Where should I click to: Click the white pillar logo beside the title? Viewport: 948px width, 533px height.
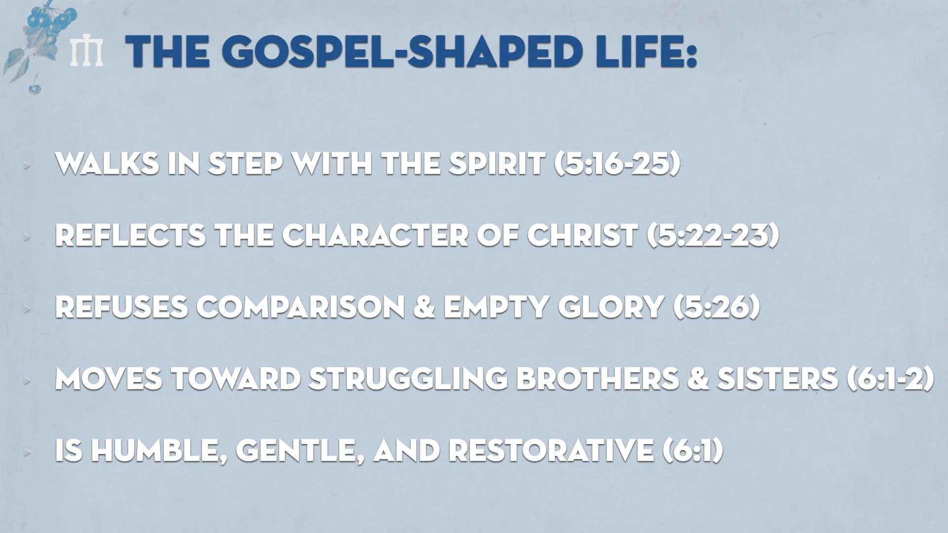pos(86,52)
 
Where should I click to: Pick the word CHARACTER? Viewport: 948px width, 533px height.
pos(375,235)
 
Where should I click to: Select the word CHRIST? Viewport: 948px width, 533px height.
pos(583,235)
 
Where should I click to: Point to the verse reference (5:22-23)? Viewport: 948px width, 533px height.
pos(713,235)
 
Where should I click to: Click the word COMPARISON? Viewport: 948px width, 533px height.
pos(301,307)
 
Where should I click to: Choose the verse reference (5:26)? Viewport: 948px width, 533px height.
pos(716,307)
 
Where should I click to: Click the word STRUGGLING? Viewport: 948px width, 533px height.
pos(408,379)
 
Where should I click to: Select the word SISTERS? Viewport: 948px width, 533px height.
pos(778,379)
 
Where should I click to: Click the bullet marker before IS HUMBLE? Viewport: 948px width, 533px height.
pos(27,452)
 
